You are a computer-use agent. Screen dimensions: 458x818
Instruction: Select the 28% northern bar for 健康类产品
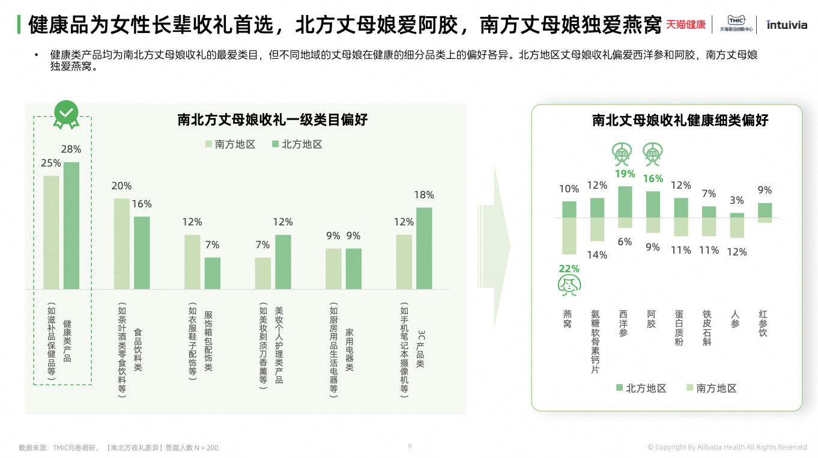coord(71,225)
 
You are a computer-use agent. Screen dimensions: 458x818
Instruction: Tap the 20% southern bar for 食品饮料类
coord(122,243)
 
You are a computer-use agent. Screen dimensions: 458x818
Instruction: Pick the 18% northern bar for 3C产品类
coord(424,248)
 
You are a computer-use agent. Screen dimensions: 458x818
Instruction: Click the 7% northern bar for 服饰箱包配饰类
coord(213,273)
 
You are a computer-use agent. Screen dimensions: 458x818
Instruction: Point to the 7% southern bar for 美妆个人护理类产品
coord(263,273)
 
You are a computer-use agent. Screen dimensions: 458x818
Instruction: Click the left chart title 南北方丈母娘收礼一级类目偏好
coord(273,120)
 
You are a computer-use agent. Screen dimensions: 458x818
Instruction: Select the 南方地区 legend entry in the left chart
coord(230,145)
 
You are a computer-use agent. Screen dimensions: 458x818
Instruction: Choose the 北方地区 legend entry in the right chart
coord(640,388)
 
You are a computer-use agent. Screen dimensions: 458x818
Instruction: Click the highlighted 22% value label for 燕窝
coord(569,269)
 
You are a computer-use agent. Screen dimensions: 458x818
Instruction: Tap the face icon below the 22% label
coord(569,285)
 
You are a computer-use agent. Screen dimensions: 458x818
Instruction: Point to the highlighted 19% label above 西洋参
coord(625,174)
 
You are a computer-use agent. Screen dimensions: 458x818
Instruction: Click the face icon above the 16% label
coord(652,154)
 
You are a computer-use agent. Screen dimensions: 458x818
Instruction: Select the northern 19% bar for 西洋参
coord(625,202)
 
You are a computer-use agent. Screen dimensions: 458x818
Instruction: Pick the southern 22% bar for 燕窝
coord(569,236)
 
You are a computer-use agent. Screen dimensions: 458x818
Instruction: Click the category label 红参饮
coord(763,323)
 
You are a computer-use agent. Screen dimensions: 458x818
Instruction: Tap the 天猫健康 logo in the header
coord(686,25)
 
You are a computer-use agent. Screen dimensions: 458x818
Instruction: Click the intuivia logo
coord(787,25)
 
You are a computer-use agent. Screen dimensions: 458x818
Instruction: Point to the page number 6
coord(410,446)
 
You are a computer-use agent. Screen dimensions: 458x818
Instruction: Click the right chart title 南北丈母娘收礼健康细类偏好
coord(680,120)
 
